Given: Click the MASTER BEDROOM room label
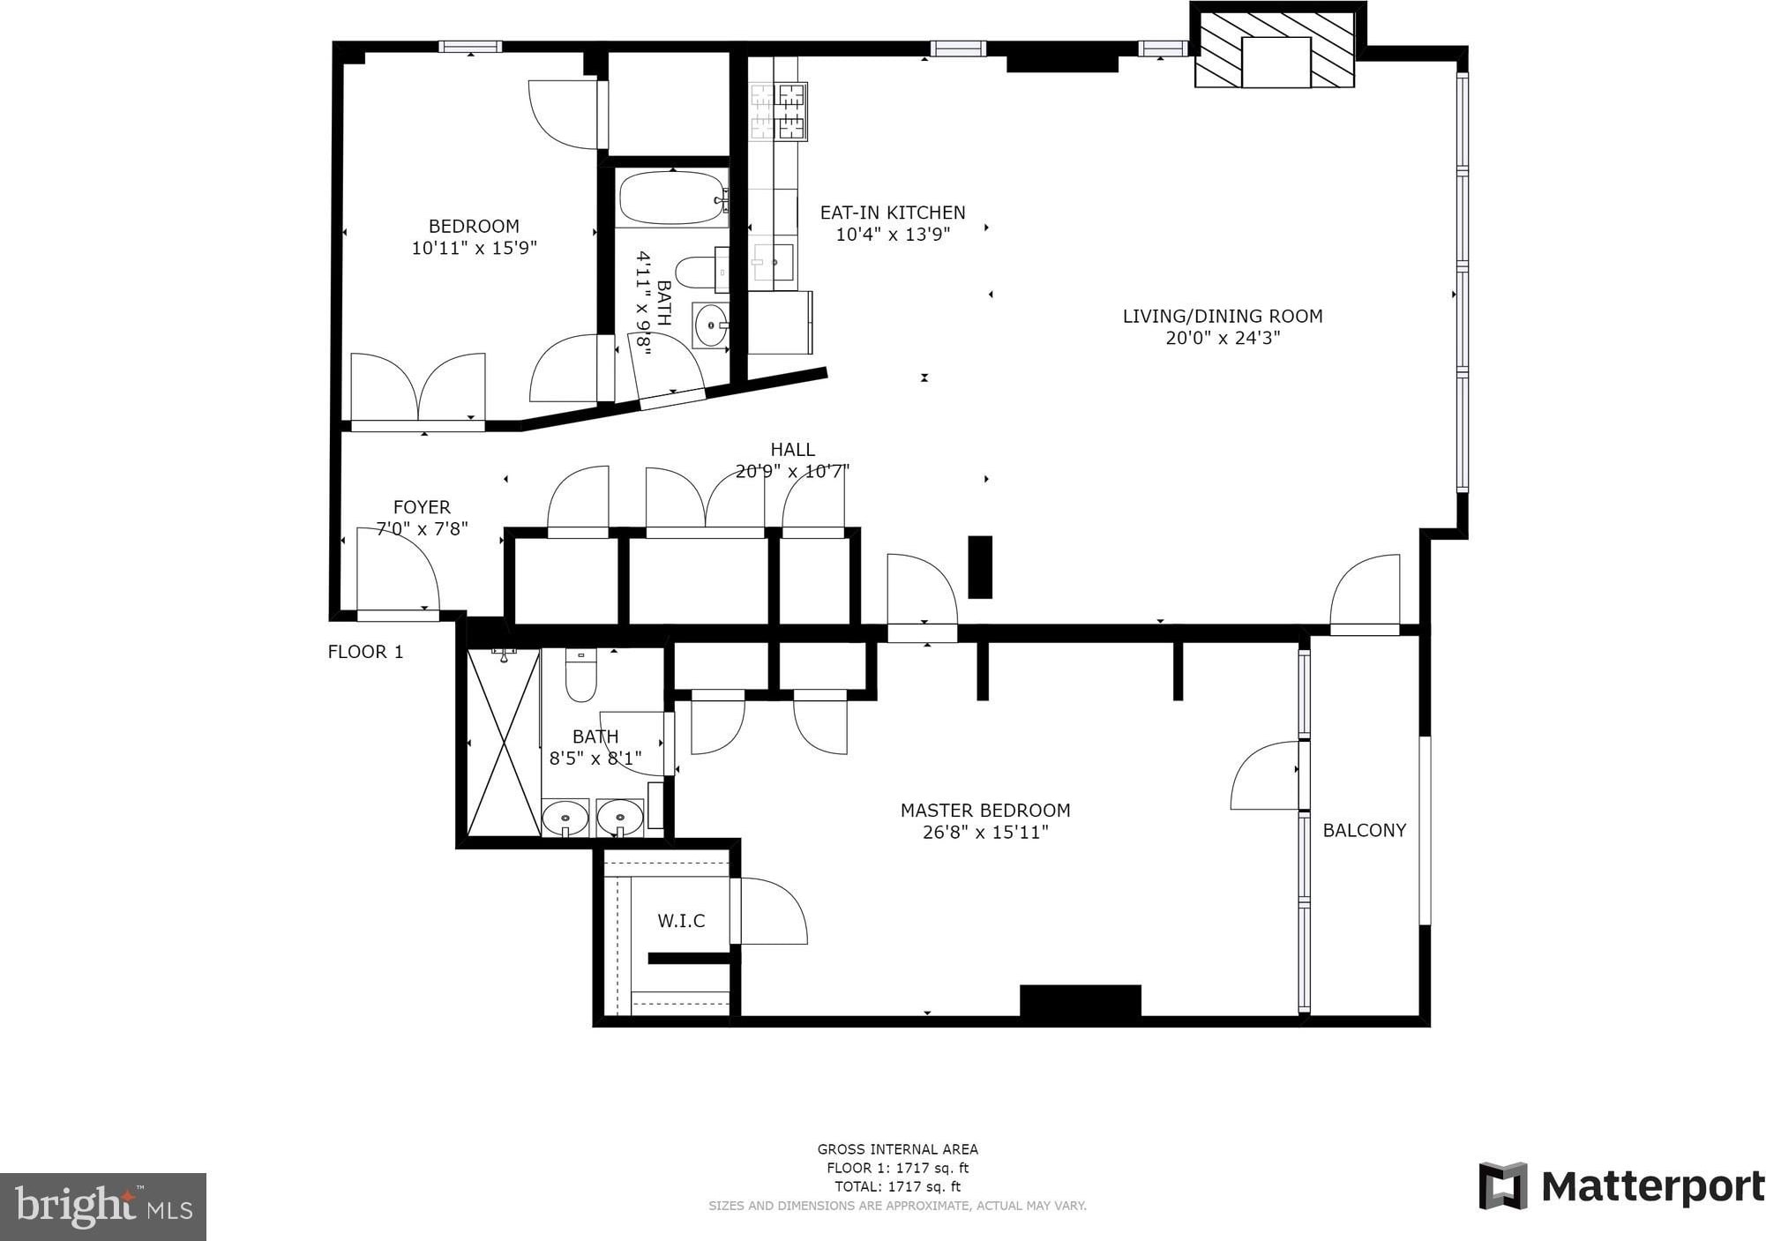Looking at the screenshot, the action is coord(985,810).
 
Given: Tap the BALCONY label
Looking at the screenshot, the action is coord(1364,830).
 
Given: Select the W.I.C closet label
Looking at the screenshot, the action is coord(681,921).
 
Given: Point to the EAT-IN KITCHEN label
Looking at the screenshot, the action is coord(893,213).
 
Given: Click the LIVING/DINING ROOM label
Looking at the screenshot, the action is coord(1223,316).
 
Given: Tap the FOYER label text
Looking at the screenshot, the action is coord(422,507).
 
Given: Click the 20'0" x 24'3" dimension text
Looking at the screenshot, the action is coord(1223,338).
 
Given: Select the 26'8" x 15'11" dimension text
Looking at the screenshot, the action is coord(985,832).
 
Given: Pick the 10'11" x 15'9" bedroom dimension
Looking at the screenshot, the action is coord(474,248).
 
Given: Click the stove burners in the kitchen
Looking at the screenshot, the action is coord(778,112).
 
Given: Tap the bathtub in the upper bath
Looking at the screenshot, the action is coord(672,199).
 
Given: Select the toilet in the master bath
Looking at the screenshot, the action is coord(581,675).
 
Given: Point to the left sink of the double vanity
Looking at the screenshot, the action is coord(565,818).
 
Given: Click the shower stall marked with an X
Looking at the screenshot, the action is coord(503,743).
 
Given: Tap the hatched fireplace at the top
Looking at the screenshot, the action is coord(1275,49).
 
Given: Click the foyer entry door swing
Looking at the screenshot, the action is coord(398,569).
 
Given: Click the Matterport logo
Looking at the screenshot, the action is coord(1621,1186).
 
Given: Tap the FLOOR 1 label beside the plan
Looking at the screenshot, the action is coord(365,652).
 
